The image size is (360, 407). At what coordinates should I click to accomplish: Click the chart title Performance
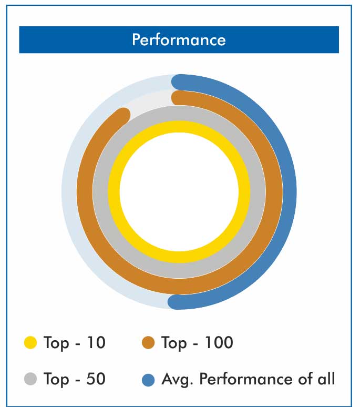point(179,40)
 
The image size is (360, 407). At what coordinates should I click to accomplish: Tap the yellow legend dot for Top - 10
point(30,342)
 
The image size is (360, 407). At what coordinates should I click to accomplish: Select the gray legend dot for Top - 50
point(30,379)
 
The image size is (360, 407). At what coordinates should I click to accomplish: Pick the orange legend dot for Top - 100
point(148,342)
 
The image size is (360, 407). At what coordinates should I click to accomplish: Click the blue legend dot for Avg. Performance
point(148,380)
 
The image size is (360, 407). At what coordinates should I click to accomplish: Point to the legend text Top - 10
point(75,343)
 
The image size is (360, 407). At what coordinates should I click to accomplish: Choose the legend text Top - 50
point(75,379)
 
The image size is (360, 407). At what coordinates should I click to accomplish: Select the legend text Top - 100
point(198,343)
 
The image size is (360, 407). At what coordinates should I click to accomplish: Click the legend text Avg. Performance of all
point(248,379)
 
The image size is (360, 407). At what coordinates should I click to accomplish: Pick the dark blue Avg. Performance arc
point(290,192)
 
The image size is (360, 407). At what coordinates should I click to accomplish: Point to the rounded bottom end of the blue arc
point(174,302)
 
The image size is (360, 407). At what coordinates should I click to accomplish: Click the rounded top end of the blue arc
point(178,82)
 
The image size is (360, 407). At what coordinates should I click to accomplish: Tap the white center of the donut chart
point(179,192)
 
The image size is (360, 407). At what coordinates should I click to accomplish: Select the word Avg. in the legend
point(177,380)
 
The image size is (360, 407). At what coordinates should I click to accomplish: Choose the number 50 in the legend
point(96,379)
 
